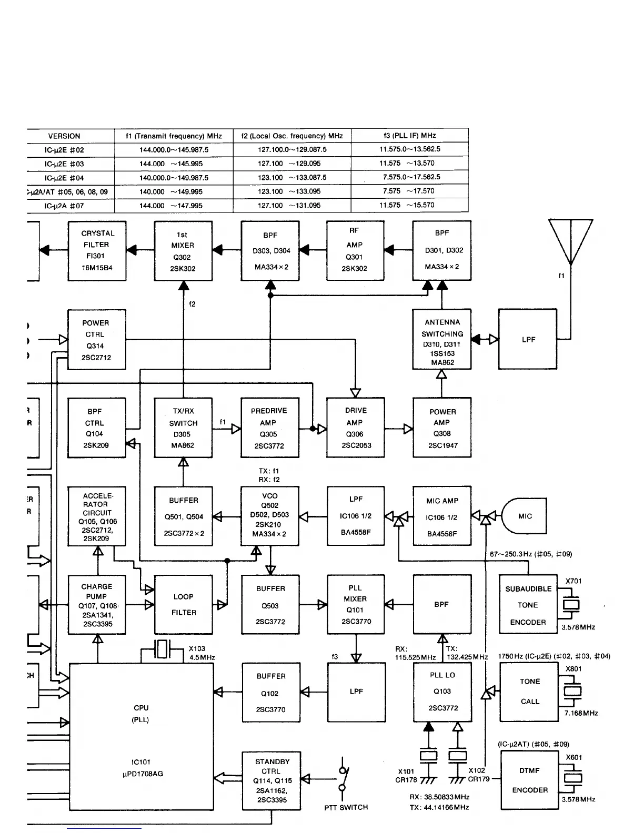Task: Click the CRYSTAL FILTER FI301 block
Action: (x=97, y=251)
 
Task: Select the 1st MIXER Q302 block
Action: (x=183, y=251)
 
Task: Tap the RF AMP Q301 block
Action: (x=355, y=251)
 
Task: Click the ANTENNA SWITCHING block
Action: (x=442, y=339)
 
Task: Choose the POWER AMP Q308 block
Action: (x=442, y=428)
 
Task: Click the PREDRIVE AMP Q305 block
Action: (x=269, y=428)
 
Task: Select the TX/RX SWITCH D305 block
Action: (x=183, y=428)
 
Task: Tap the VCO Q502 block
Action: (x=269, y=515)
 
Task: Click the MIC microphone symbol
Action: (x=524, y=516)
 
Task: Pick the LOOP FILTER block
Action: (x=183, y=604)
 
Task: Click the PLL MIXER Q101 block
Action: (x=356, y=604)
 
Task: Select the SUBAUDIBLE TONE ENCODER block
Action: (x=528, y=605)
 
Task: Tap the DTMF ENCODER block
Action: (x=529, y=780)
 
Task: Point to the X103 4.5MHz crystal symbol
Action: (x=163, y=651)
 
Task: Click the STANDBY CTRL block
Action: (x=271, y=780)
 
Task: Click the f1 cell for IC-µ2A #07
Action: (x=174, y=206)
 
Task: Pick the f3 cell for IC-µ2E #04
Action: (x=409, y=177)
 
